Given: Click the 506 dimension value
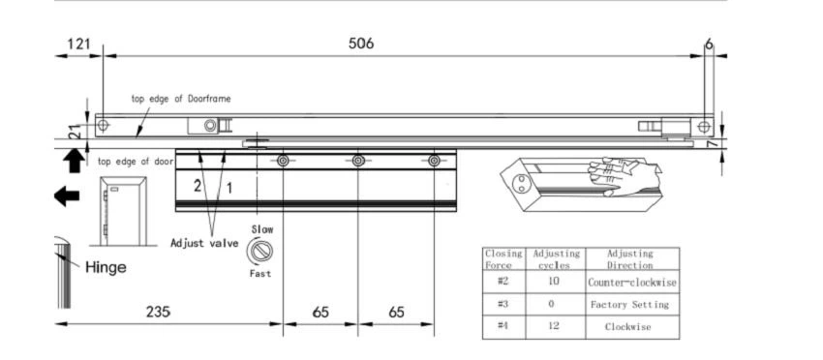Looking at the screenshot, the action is pyautogui.click(x=361, y=44).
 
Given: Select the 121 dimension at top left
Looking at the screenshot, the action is pyautogui.click(x=78, y=44).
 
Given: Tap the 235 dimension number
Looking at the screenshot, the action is pyautogui.click(x=158, y=312).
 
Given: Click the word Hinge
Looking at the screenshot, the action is pyautogui.click(x=107, y=268).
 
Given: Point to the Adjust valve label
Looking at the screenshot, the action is pyautogui.click(x=204, y=244).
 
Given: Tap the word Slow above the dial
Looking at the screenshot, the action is pyautogui.click(x=262, y=230).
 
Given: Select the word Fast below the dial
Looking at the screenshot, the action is pyautogui.click(x=260, y=274).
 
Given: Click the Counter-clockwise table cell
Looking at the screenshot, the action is pyautogui.click(x=632, y=283).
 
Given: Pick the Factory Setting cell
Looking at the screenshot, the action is pyautogui.click(x=630, y=305).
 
